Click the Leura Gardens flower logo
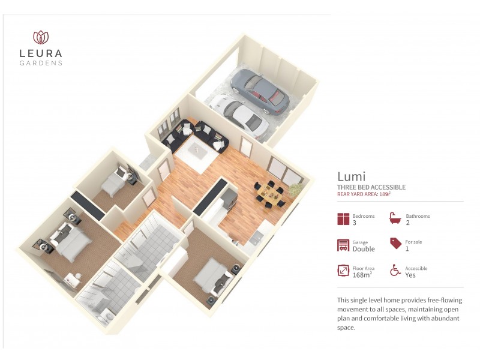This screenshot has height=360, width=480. pyautogui.click(x=41, y=37)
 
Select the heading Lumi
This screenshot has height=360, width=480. pyautogui.click(x=352, y=176)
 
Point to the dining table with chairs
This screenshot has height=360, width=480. pyautogui.click(x=271, y=193)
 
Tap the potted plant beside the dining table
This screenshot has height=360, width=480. pyautogui.click(x=296, y=190)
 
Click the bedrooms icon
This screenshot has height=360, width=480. pyautogui.click(x=343, y=219)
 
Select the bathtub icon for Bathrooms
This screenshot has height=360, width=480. pyautogui.click(x=395, y=218)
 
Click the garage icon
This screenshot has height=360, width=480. pyautogui.click(x=343, y=245)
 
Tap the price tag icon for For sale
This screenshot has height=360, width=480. pyautogui.click(x=395, y=244)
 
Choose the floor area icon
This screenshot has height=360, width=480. pyautogui.click(x=343, y=271)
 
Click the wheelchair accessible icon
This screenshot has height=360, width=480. pyautogui.click(x=395, y=271)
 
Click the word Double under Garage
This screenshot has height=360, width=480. pyautogui.click(x=364, y=248)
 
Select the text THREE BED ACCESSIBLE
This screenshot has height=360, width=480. pyautogui.click(x=371, y=187)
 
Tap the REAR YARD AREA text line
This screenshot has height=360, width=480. pyautogui.click(x=364, y=194)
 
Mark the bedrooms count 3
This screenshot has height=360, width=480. pyautogui.click(x=355, y=223)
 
